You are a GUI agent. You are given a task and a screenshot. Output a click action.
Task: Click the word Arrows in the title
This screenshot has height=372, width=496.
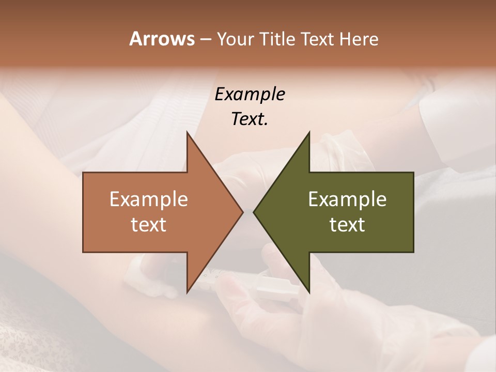(x=162, y=39)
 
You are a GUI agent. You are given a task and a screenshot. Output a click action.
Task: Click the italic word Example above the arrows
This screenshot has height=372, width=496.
(x=250, y=95)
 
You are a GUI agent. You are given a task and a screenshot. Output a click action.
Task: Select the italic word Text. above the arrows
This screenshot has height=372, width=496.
(x=250, y=119)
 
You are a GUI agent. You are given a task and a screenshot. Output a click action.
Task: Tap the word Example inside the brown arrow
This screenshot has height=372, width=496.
(x=149, y=199)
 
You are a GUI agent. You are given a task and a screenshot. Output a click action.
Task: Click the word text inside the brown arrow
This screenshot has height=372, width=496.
(x=149, y=224)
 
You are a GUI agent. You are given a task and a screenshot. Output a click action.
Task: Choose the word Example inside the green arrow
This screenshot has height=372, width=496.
(x=347, y=199)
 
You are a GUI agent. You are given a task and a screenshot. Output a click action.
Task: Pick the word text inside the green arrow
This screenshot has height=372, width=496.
(x=347, y=224)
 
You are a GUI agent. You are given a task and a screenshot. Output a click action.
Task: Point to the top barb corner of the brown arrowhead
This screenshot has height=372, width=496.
(x=187, y=132)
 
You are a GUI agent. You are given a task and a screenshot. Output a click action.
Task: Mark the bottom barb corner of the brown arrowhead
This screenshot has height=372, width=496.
(x=187, y=292)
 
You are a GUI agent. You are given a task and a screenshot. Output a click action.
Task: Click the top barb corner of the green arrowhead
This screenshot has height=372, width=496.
(x=309, y=132)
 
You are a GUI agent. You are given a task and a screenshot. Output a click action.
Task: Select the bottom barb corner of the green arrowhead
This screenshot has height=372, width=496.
(x=309, y=292)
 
